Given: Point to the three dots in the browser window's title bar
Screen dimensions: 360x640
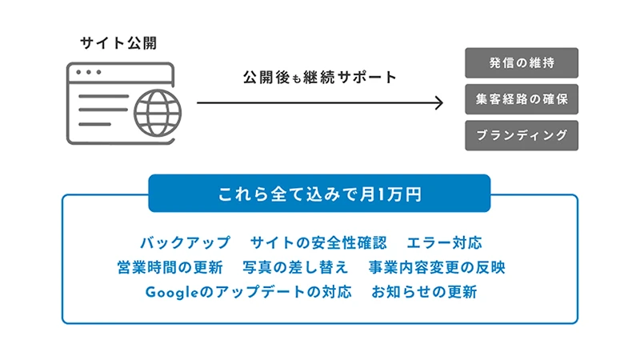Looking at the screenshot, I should click(87, 72).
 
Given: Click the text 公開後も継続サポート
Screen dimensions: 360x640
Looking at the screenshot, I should click(319, 78).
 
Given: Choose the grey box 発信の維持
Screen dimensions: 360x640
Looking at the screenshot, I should click(521, 63).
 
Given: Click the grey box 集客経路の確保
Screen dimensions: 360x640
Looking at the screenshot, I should click(521, 99).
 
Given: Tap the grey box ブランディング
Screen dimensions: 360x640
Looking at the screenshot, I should click(521, 135).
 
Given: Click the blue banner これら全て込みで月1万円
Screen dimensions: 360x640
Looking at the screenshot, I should click(319, 194).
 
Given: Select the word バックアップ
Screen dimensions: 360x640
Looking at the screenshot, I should click(184, 242).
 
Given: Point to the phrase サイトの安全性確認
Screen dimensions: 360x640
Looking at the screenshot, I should click(318, 242).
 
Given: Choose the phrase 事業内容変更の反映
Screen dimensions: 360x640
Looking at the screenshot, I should click(437, 267).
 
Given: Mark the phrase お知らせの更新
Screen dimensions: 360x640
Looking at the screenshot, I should click(424, 292).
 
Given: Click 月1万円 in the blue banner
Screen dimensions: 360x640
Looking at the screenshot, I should click(390, 194).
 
